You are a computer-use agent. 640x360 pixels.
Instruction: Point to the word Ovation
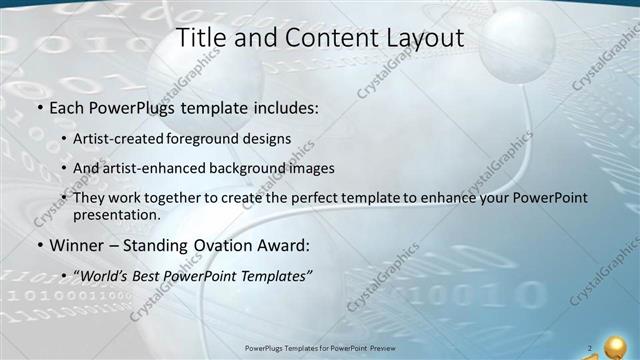[229, 245]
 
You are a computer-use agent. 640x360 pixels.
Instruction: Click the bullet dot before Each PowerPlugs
[39, 105]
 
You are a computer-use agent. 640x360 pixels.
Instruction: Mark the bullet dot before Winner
[39, 246]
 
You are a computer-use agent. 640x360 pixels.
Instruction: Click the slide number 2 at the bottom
[590, 348]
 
